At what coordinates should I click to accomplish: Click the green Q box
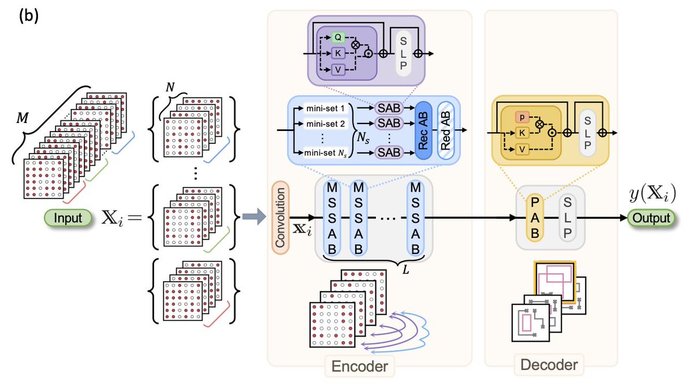338,36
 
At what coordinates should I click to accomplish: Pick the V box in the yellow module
521,149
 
